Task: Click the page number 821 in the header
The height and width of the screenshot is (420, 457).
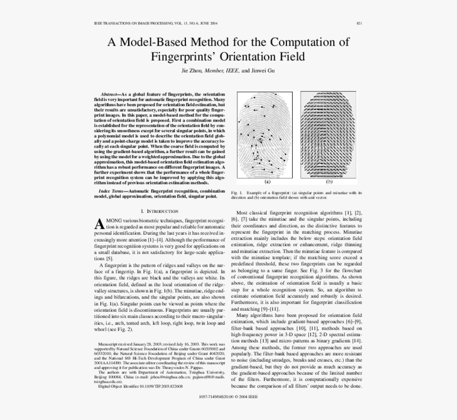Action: coord(359,24)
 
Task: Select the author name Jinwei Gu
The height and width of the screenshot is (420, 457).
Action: coord(263,70)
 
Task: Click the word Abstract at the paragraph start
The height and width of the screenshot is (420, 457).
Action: coord(109,94)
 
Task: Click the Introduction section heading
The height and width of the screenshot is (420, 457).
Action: coord(159,211)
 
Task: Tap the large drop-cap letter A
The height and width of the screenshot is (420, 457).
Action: coord(99,225)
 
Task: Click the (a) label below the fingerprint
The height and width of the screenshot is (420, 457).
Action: coord(264,182)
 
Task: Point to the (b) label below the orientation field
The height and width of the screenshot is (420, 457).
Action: coord(328,182)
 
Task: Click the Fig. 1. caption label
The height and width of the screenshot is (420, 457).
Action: coord(237,192)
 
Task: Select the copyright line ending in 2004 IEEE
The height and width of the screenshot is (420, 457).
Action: coord(228,397)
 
